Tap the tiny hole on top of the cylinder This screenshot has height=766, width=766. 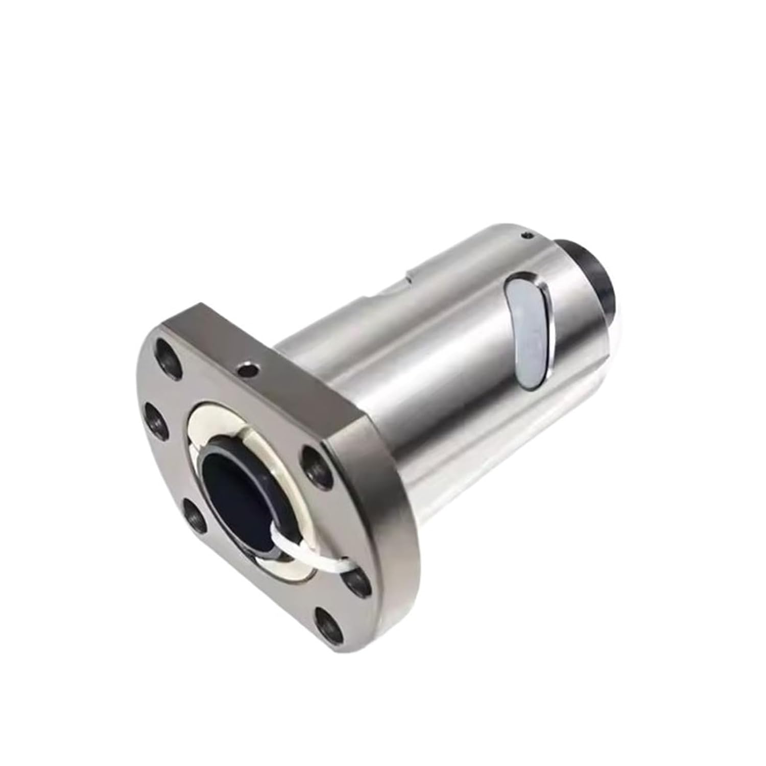tap(526, 236)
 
